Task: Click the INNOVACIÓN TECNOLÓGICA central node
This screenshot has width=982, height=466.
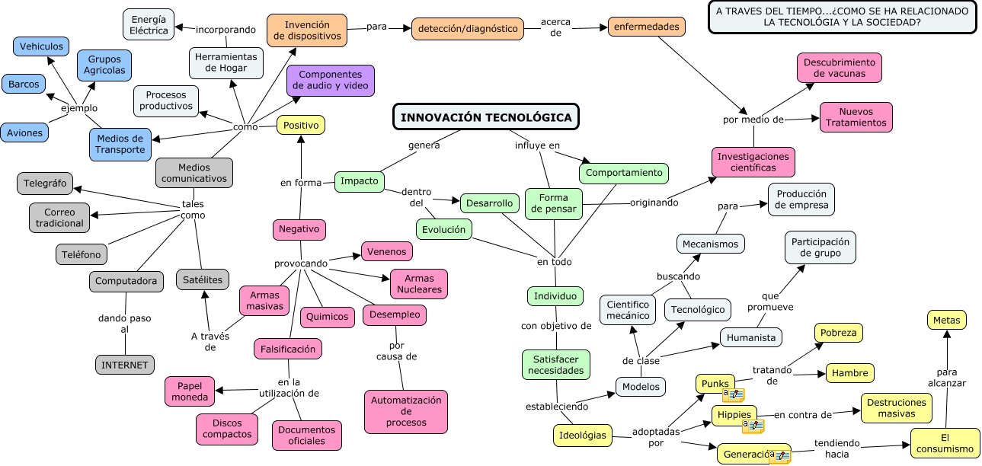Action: pyautogui.click(x=486, y=117)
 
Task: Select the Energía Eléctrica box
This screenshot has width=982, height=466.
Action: pyautogui.click(x=148, y=24)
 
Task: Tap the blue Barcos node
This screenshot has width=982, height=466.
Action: pyautogui.click(x=24, y=84)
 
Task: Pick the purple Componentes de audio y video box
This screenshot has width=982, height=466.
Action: pyautogui.click(x=331, y=80)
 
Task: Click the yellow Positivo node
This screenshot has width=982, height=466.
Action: pyautogui.click(x=300, y=125)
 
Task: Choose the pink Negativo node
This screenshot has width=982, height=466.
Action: pyautogui.click(x=299, y=228)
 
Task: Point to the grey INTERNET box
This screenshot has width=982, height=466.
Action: pyautogui.click(x=125, y=365)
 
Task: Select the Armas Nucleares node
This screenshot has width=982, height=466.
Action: pyautogui.click(x=418, y=284)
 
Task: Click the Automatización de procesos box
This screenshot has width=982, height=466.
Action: pyautogui.click(x=406, y=411)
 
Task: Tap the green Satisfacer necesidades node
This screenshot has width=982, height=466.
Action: pyautogui.click(x=555, y=365)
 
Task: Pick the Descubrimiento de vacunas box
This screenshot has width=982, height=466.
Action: pyautogui.click(x=840, y=68)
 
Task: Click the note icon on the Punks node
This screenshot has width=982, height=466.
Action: pyautogui.click(x=734, y=395)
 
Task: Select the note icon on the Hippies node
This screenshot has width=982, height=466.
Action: pyautogui.click(x=753, y=426)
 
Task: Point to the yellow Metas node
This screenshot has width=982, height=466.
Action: pyautogui.click(x=946, y=320)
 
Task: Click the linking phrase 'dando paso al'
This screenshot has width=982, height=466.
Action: pyautogui.click(x=124, y=324)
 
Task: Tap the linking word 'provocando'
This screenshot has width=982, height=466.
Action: pyautogui.click(x=301, y=263)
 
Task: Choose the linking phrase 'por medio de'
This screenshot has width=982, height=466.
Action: pyautogui.click(x=753, y=120)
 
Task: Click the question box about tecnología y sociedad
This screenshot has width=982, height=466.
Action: pyautogui.click(x=843, y=17)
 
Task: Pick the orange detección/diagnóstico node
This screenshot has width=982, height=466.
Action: pyautogui.click(x=468, y=29)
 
